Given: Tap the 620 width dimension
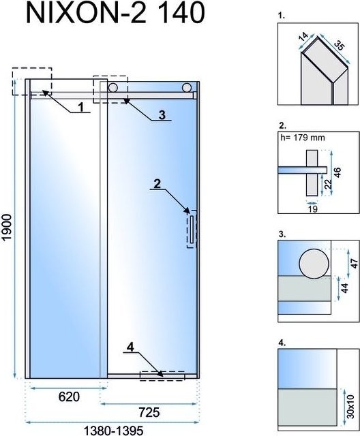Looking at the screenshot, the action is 69,396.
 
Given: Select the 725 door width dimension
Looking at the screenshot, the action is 149,412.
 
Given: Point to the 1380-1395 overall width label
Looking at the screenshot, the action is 113,431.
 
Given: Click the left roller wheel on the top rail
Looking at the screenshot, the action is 113,88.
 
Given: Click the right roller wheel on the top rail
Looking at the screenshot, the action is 187,88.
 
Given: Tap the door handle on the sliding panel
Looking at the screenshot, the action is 192,230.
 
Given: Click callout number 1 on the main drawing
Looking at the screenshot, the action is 81,107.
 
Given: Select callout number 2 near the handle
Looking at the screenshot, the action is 157,184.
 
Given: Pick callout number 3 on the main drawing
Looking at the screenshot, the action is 162,115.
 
